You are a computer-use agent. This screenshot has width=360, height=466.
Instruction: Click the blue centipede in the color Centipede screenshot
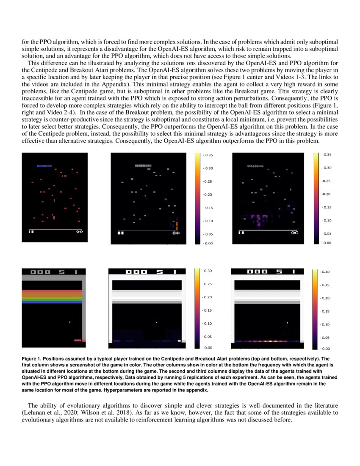pyautogui.click(x=44, y=166)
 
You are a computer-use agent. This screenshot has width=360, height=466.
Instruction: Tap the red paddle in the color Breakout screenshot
pyautogui.click(x=78, y=340)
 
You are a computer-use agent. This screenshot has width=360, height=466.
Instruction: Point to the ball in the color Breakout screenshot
pyautogui.click(x=70, y=322)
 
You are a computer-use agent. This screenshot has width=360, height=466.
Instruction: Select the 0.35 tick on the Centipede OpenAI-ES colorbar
pyautogui.click(x=208, y=155)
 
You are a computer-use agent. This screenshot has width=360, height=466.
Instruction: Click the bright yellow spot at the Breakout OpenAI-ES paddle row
pyautogui.click(x=180, y=340)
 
